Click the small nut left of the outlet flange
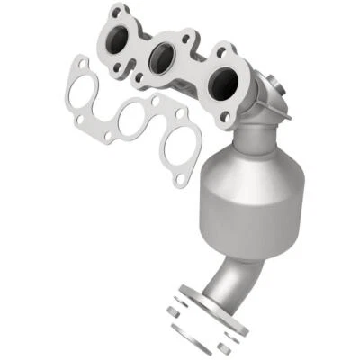tap(174, 311)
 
